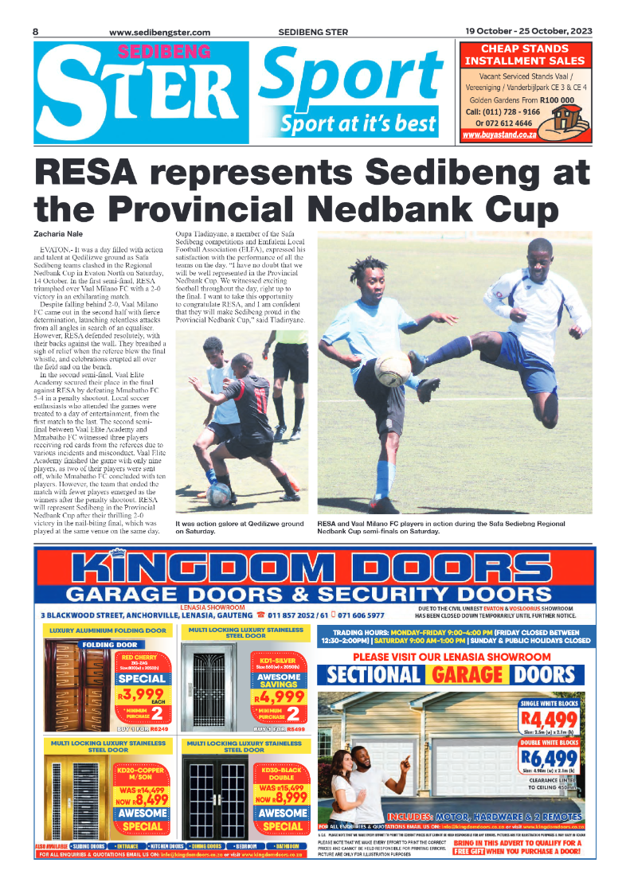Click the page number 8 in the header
click(37, 31)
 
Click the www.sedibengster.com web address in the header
click(159, 32)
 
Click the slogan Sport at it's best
click(358, 123)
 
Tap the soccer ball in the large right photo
click(393, 370)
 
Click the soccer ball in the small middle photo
click(219, 494)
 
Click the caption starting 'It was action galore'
click(239, 528)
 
